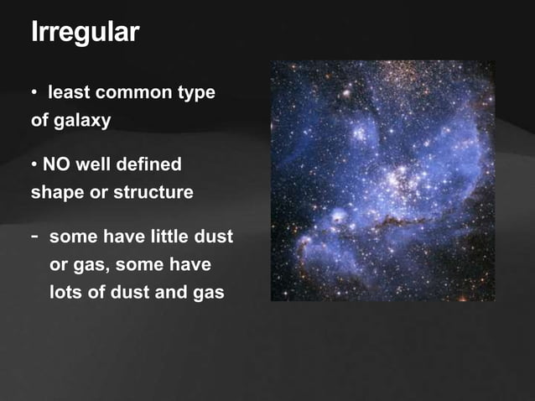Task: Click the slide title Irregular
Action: (85, 33)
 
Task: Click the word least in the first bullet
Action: (69, 92)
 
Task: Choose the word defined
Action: (148, 164)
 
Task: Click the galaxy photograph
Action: (382, 180)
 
